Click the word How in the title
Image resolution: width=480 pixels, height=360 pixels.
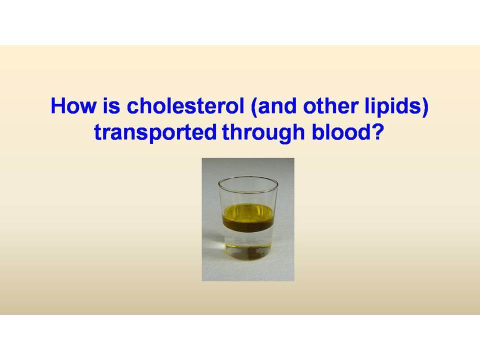pos(73,106)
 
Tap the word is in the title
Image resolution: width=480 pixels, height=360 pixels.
pos(111,106)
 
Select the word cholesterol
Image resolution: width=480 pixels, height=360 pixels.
pos(185,106)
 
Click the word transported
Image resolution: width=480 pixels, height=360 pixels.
pos(155,132)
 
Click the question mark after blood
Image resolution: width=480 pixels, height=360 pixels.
pos(377,132)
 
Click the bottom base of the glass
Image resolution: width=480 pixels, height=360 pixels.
pos(248,255)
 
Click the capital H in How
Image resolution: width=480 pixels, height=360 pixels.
pos(58,106)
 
